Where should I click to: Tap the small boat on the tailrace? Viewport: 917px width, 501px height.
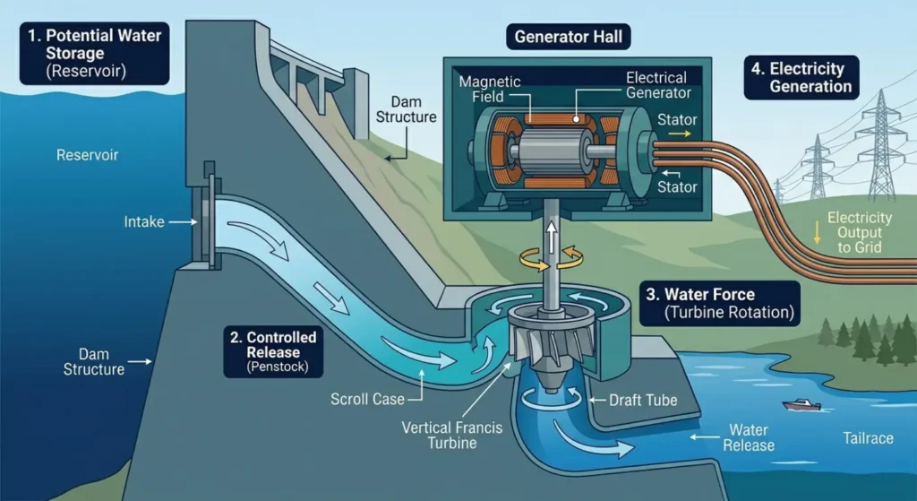pyautogui.click(x=801, y=405)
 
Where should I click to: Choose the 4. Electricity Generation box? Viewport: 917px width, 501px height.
pyautogui.click(x=801, y=77)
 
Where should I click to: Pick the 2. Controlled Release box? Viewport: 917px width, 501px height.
pyautogui.click(x=274, y=352)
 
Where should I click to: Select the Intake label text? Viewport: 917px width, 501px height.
pyautogui.click(x=143, y=221)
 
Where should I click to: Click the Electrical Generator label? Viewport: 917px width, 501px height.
pyautogui.click(x=657, y=85)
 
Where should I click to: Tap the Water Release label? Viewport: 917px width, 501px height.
pyautogui.click(x=750, y=438)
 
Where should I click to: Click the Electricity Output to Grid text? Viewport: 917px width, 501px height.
pyautogui.click(x=860, y=232)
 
